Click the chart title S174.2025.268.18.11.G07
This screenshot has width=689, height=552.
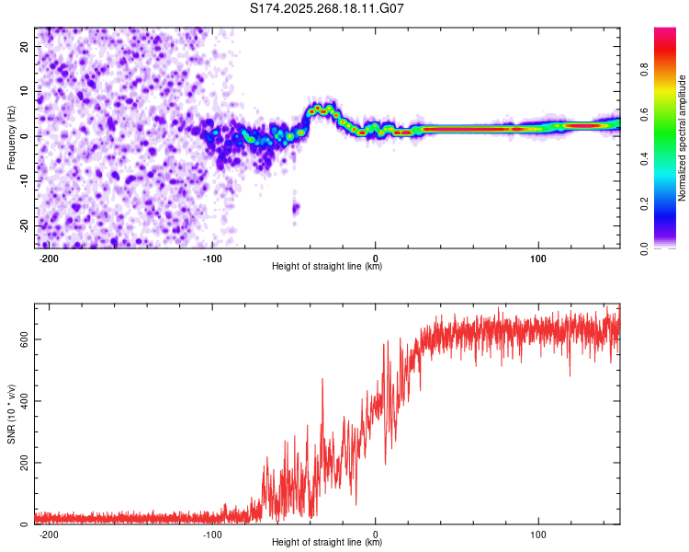coord(328,8)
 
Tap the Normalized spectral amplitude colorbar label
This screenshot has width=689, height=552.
coord(683,138)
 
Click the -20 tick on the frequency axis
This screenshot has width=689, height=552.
coord(23,225)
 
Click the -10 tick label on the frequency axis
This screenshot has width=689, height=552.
coord(23,180)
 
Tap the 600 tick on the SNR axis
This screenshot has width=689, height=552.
coord(21,339)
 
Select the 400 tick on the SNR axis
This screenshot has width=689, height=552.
coord(21,401)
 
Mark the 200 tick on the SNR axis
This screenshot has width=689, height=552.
coord(21,463)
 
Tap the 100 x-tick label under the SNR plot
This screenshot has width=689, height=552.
coord(538,535)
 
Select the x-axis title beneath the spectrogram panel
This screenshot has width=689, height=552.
coord(327,267)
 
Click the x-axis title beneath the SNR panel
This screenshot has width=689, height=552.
coord(327,543)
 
